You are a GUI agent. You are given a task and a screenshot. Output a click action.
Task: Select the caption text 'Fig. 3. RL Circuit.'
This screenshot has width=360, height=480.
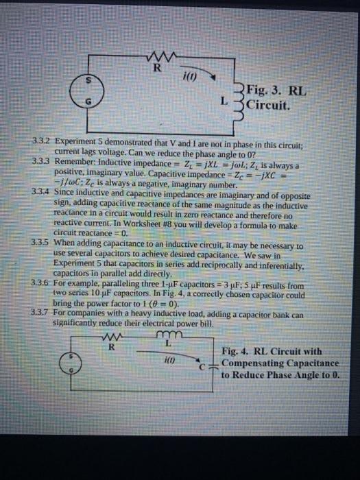pos(274,97)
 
